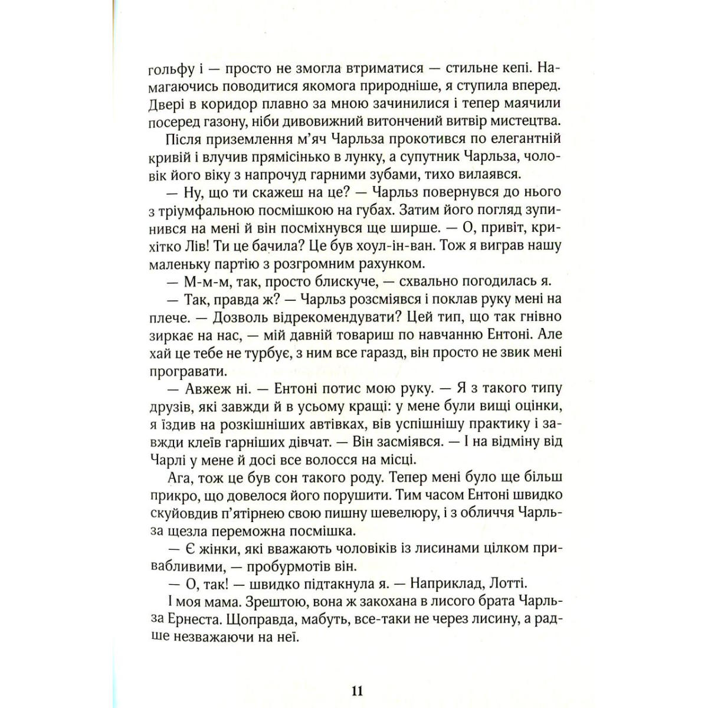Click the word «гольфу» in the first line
pyautogui.click(x=171, y=68)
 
